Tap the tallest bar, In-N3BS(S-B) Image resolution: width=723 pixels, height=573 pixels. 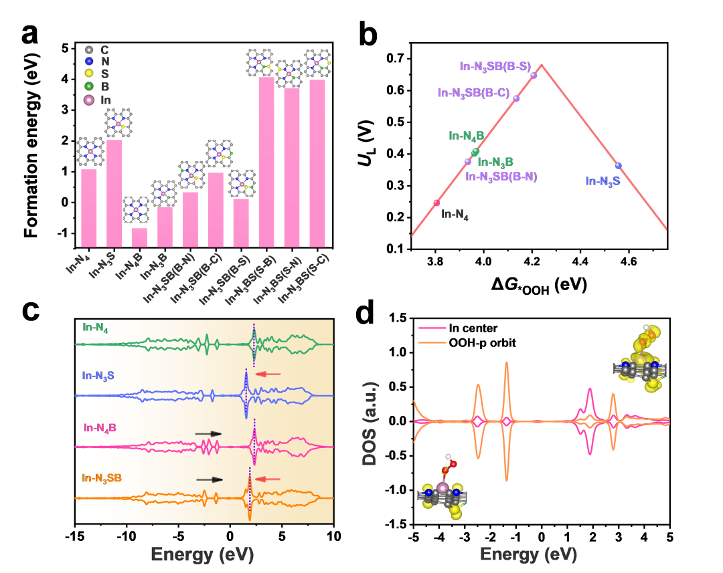266,167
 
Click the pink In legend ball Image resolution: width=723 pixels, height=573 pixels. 87,100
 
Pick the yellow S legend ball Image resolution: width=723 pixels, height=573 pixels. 87,74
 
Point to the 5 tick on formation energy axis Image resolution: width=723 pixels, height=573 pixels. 66,48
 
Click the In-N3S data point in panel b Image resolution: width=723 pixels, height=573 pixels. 618,166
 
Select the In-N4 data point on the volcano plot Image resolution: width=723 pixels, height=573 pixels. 436,203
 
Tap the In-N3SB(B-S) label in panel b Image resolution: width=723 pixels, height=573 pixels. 495,66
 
